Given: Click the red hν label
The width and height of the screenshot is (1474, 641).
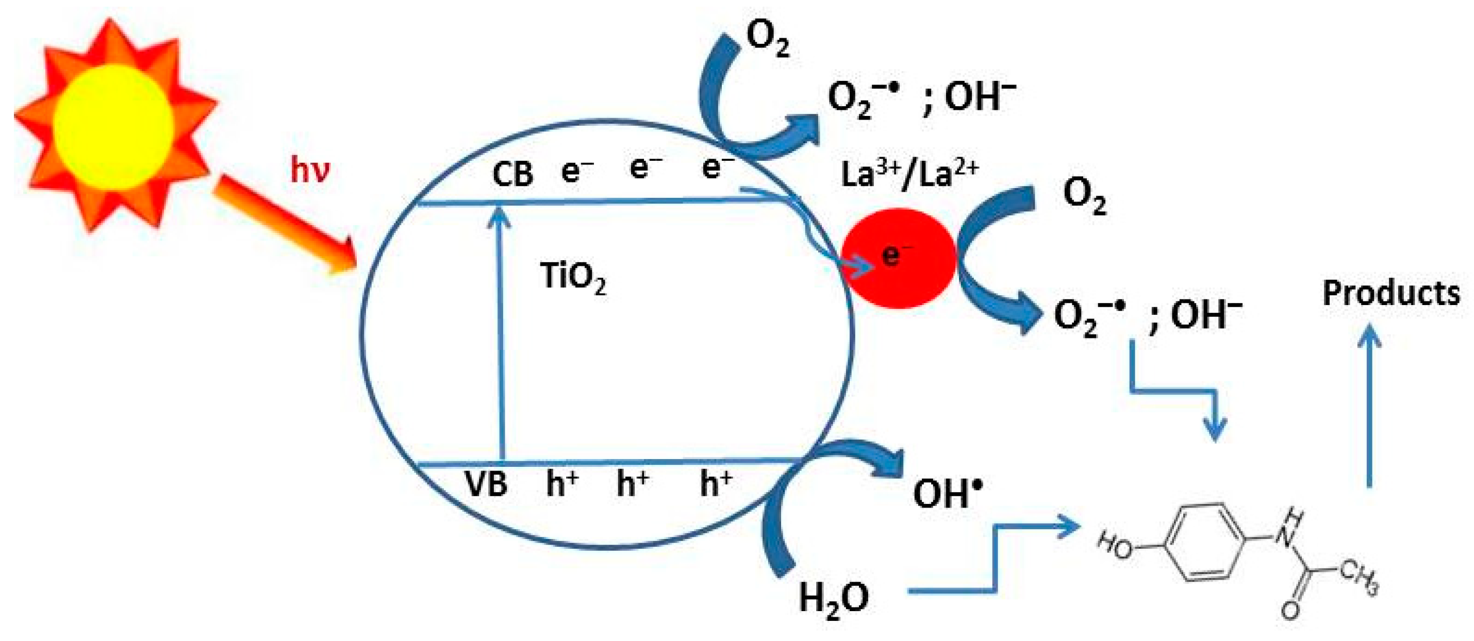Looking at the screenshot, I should [x=309, y=171].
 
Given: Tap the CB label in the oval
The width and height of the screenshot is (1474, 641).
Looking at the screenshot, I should [x=512, y=174].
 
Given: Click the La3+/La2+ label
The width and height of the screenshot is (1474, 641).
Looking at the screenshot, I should [x=909, y=174].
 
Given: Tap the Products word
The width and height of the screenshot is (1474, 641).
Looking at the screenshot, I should [x=1390, y=293].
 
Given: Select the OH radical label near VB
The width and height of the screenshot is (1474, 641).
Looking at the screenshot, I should [x=947, y=493].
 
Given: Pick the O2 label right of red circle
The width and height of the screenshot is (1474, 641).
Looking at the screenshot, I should [x=1084, y=196].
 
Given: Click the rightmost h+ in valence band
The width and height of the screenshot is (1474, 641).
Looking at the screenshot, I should [x=716, y=484].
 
